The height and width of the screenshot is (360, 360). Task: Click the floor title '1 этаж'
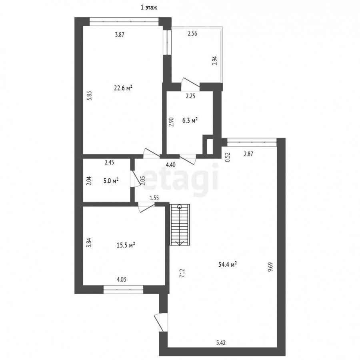149,8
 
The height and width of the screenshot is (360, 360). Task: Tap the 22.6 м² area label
123,88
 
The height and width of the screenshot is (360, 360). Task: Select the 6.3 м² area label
190,120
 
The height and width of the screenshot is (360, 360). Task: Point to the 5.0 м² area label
111,181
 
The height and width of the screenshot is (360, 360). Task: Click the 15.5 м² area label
126,245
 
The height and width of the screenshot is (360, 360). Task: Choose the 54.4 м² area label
228,265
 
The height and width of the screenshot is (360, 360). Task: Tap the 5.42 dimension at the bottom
221,343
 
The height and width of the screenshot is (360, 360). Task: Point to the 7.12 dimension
182,274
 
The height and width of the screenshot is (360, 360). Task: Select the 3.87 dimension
120,35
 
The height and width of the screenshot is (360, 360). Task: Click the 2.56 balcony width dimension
192,34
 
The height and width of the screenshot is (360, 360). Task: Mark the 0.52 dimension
228,157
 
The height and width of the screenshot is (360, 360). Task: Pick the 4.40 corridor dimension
171,165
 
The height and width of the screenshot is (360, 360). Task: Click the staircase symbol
180,225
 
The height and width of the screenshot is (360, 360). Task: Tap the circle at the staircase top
180,207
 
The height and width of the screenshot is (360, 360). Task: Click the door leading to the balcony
190,84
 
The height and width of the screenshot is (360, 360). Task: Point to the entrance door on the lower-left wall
160,322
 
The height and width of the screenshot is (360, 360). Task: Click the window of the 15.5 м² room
123,290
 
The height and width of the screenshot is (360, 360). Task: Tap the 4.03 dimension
122,280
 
